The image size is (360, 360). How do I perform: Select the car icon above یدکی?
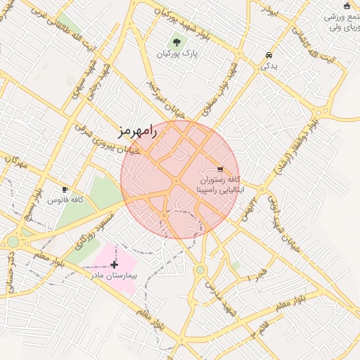click(x=268, y=56)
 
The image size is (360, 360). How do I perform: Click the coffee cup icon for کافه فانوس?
click(x=65, y=190)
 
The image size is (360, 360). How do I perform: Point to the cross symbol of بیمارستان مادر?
click(x=115, y=264)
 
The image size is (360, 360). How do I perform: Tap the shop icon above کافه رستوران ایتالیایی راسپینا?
click(x=220, y=169)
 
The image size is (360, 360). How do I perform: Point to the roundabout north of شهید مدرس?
click(x=200, y=269)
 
